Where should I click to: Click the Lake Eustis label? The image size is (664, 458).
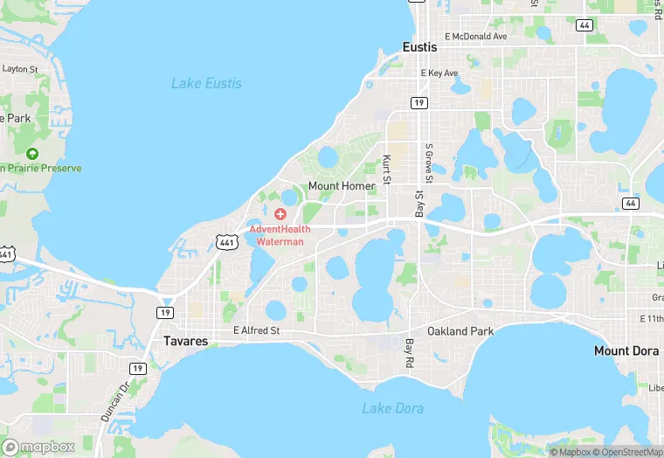[206, 84]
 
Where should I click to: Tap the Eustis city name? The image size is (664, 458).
[420, 47]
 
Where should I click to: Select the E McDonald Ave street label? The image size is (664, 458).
[475, 37]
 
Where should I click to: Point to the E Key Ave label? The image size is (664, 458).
[439, 73]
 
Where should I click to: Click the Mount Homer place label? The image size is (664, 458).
[342, 186]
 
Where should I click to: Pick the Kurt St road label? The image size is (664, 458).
[387, 169]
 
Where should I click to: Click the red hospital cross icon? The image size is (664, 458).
[280, 214]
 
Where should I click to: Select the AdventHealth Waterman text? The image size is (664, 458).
[280, 235]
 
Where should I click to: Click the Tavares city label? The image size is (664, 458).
[186, 341]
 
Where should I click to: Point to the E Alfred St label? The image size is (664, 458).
[256, 331]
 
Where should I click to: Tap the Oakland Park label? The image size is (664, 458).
[460, 331]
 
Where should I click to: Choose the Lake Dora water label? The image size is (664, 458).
[388, 408]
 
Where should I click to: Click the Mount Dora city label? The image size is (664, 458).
[626, 350]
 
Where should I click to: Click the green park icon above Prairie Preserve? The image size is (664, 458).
[32, 153]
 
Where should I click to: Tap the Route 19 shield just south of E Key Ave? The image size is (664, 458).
[420, 103]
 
